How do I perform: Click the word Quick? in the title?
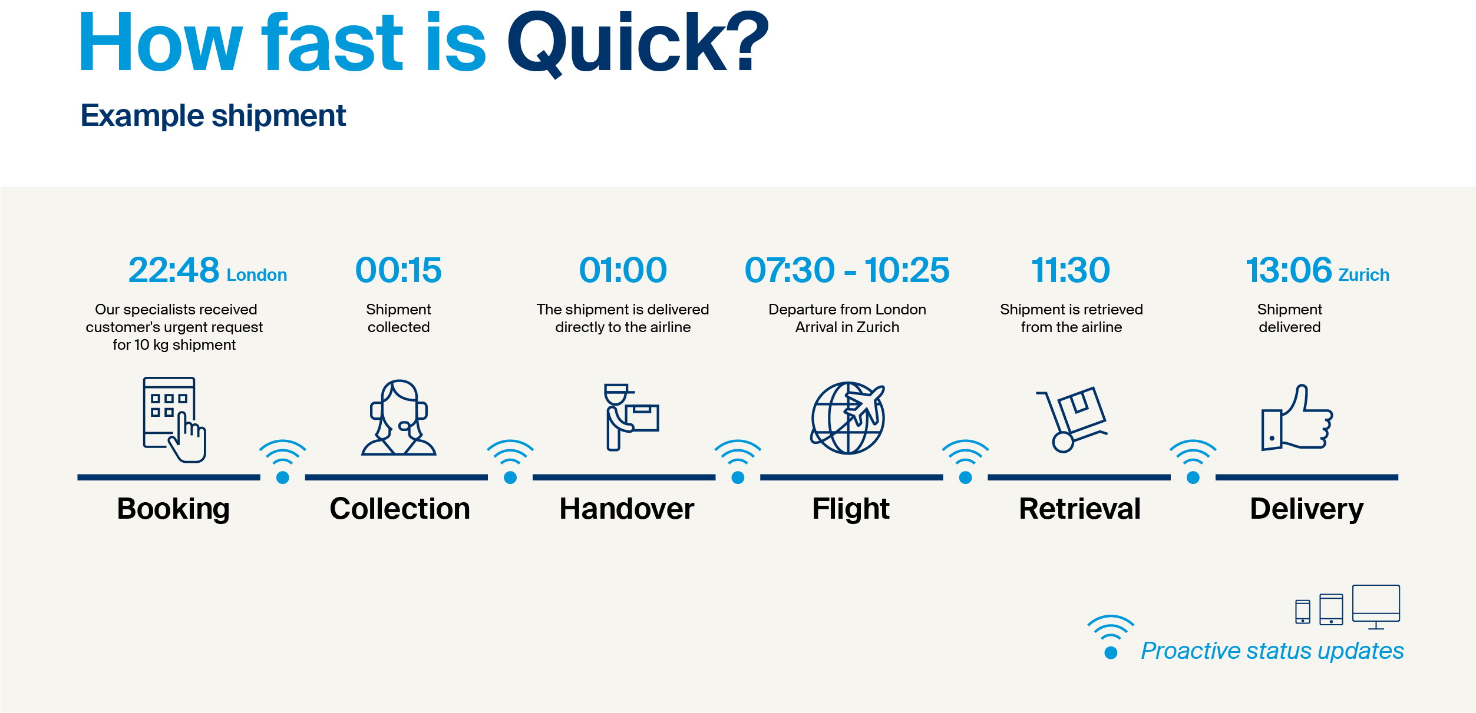click(638, 44)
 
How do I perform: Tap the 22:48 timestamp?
click(174, 270)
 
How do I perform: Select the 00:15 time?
click(398, 270)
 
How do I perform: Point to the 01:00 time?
click(623, 270)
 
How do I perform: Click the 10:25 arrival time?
click(907, 270)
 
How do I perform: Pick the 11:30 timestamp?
click(1071, 270)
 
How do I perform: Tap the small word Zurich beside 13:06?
click(1364, 275)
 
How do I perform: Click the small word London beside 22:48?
click(257, 275)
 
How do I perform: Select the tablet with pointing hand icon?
click(174, 420)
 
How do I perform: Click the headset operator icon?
click(399, 417)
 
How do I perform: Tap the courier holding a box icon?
click(631, 417)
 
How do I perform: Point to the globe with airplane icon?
click(848, 418)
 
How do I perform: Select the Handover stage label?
click(627, 509)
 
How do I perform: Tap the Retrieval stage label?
click(1080, 509)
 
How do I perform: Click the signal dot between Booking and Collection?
click(283, 477)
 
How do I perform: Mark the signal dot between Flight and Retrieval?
click(965, 477)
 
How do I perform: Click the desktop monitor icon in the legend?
click(1376, 607)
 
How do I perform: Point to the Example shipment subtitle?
click(213, 116)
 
